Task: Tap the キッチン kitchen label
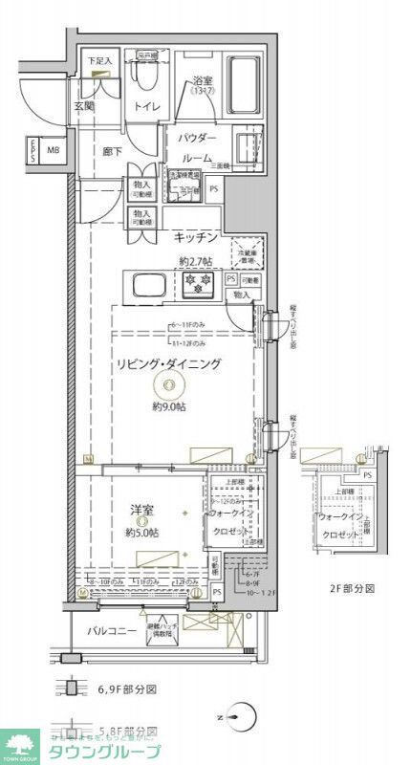197,237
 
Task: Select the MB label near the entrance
54,150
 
